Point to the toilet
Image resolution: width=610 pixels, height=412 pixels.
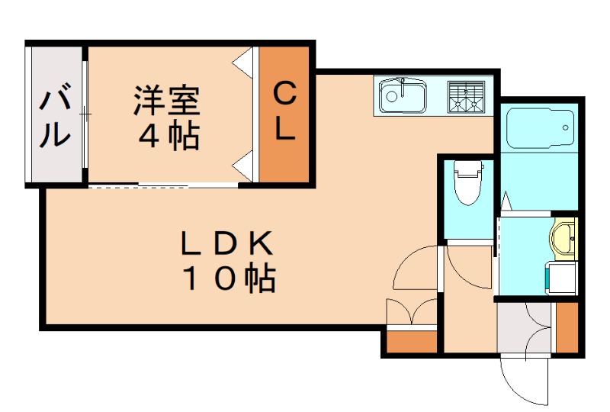466,183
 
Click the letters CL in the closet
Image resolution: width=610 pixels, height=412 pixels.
284,113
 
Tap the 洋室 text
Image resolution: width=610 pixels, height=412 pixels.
167,101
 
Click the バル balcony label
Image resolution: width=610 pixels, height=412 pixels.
55,117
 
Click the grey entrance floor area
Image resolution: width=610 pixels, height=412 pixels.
525,328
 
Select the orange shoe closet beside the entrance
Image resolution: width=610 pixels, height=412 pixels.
567,328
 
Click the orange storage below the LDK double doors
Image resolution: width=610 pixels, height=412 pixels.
412,341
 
